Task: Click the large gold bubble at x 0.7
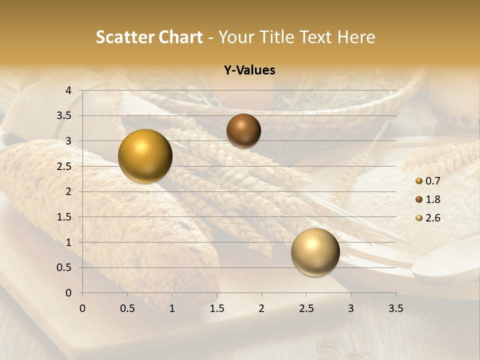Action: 145,156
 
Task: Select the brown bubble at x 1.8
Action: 243,130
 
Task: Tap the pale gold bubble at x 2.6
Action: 315,252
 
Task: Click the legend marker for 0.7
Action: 419,181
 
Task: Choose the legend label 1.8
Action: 432,199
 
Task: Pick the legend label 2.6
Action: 432,218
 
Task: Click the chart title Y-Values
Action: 249,70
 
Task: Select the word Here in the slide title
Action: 356,37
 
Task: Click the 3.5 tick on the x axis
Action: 395,308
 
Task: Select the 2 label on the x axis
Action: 261,308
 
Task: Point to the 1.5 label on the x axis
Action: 216,308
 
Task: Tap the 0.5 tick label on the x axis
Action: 127,308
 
